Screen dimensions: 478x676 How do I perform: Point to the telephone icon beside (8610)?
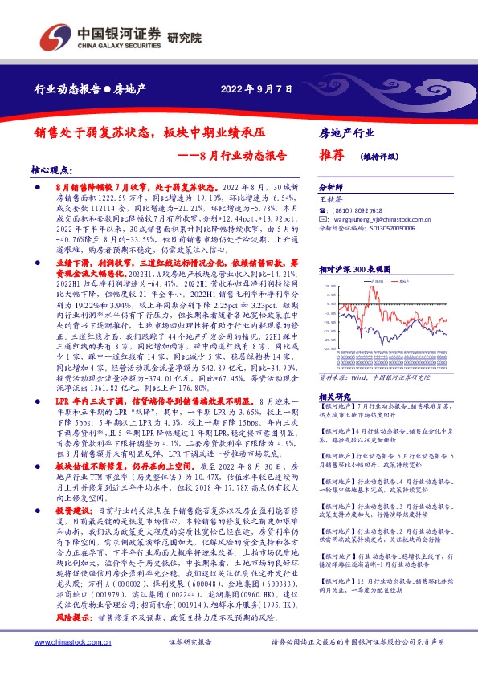322,208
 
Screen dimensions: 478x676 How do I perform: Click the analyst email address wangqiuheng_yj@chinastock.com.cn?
374,218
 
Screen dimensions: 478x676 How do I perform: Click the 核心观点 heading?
51,170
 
